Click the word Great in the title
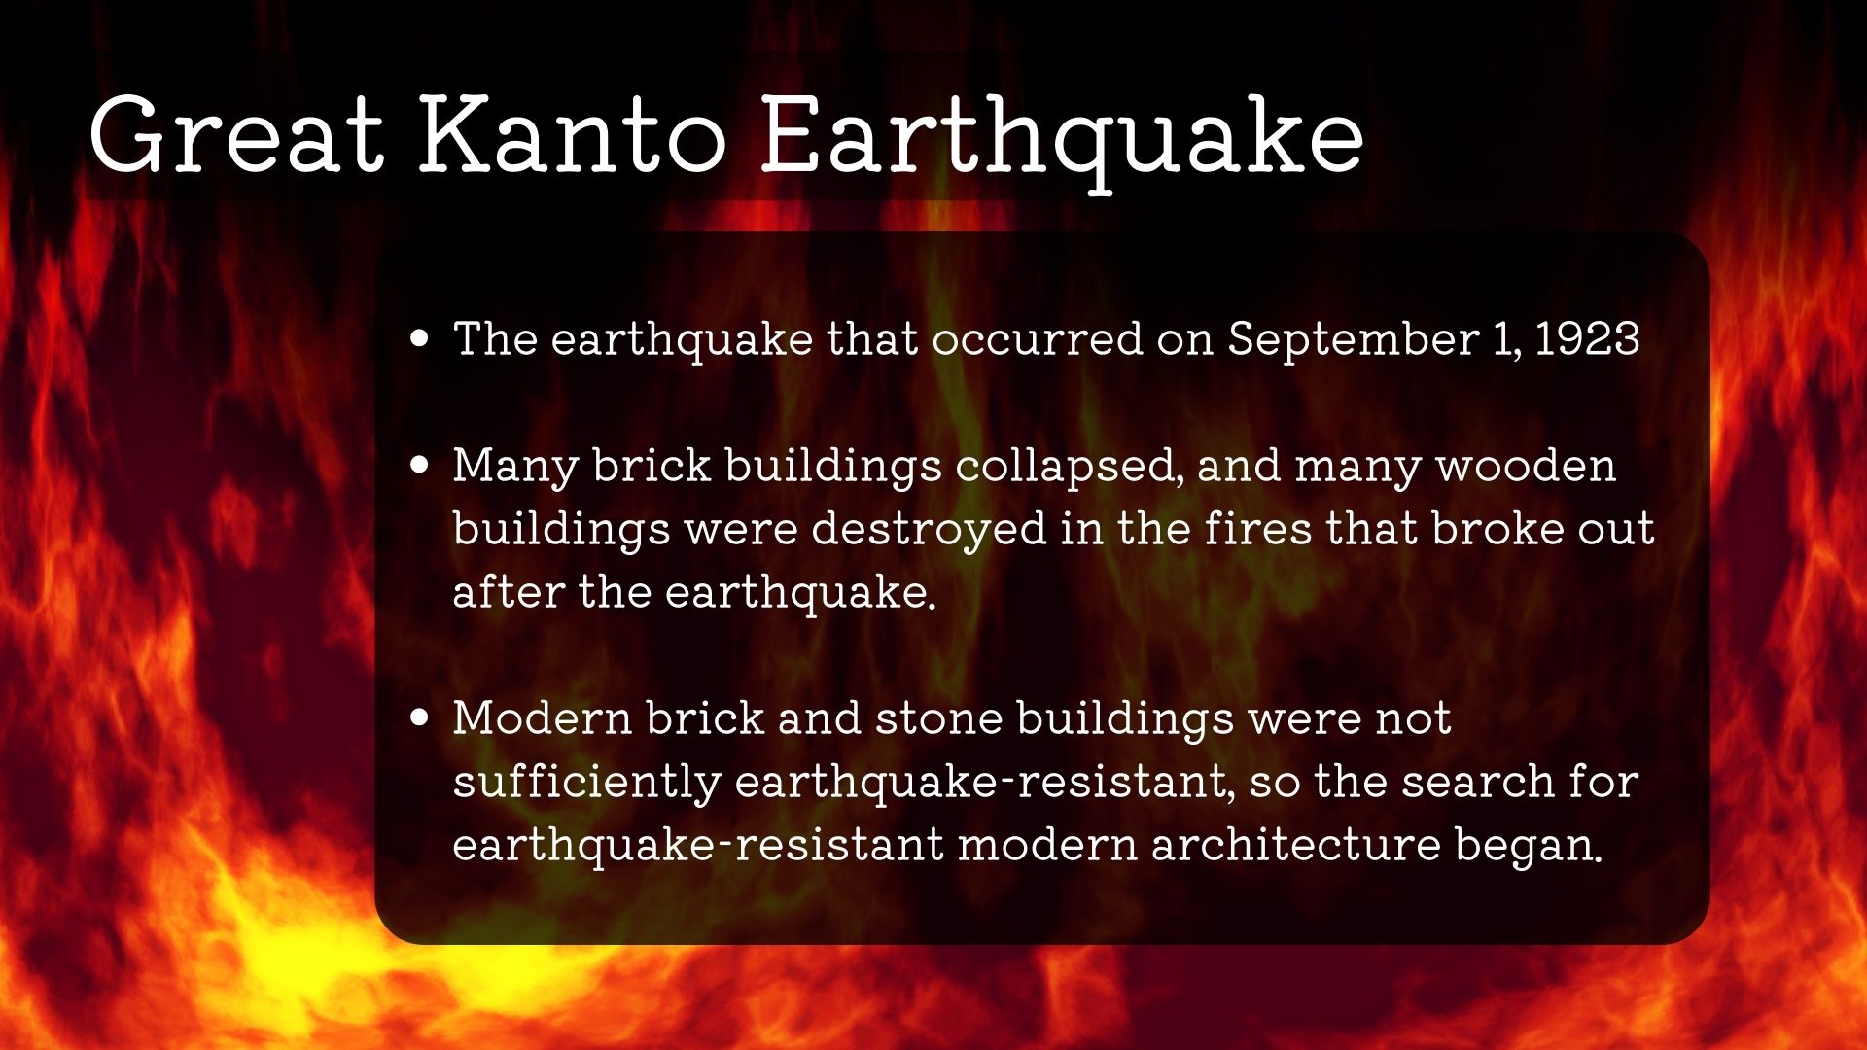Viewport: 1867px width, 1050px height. tap(236, 135)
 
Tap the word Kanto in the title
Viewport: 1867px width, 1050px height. tap(573, 135)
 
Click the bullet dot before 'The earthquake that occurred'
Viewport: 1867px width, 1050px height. tap(420, 338)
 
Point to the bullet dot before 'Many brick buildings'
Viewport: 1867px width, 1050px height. tap(420, 465)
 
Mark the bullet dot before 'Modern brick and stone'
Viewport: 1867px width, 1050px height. tap(420, 717)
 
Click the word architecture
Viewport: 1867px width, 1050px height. tap(1295, 845)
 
